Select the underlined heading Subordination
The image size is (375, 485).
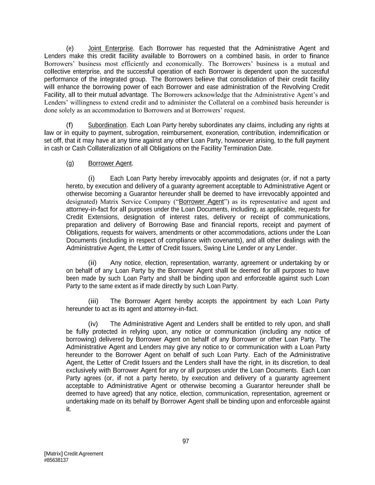click(x=107, y=125)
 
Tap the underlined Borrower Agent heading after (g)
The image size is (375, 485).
click(x=110, y=163)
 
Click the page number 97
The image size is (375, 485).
click(x=186, y=441)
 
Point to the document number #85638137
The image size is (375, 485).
click(x=56, y=460)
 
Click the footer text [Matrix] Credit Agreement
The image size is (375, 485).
click(x=74, y=454)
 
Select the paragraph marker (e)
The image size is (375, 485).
click(x=70, y=48)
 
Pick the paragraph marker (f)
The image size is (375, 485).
click(x=70, y=125)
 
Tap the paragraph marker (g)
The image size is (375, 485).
click(x=70, y=163)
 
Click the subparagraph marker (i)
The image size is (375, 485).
click(x=91, y=178)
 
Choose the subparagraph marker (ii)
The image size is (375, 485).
click(x=92, y=263)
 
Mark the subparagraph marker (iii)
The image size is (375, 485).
click(x=93, y=301)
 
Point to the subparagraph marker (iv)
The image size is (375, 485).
click(x=93, y=324)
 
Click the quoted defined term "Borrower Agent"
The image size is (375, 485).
click(x=201, y=202)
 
